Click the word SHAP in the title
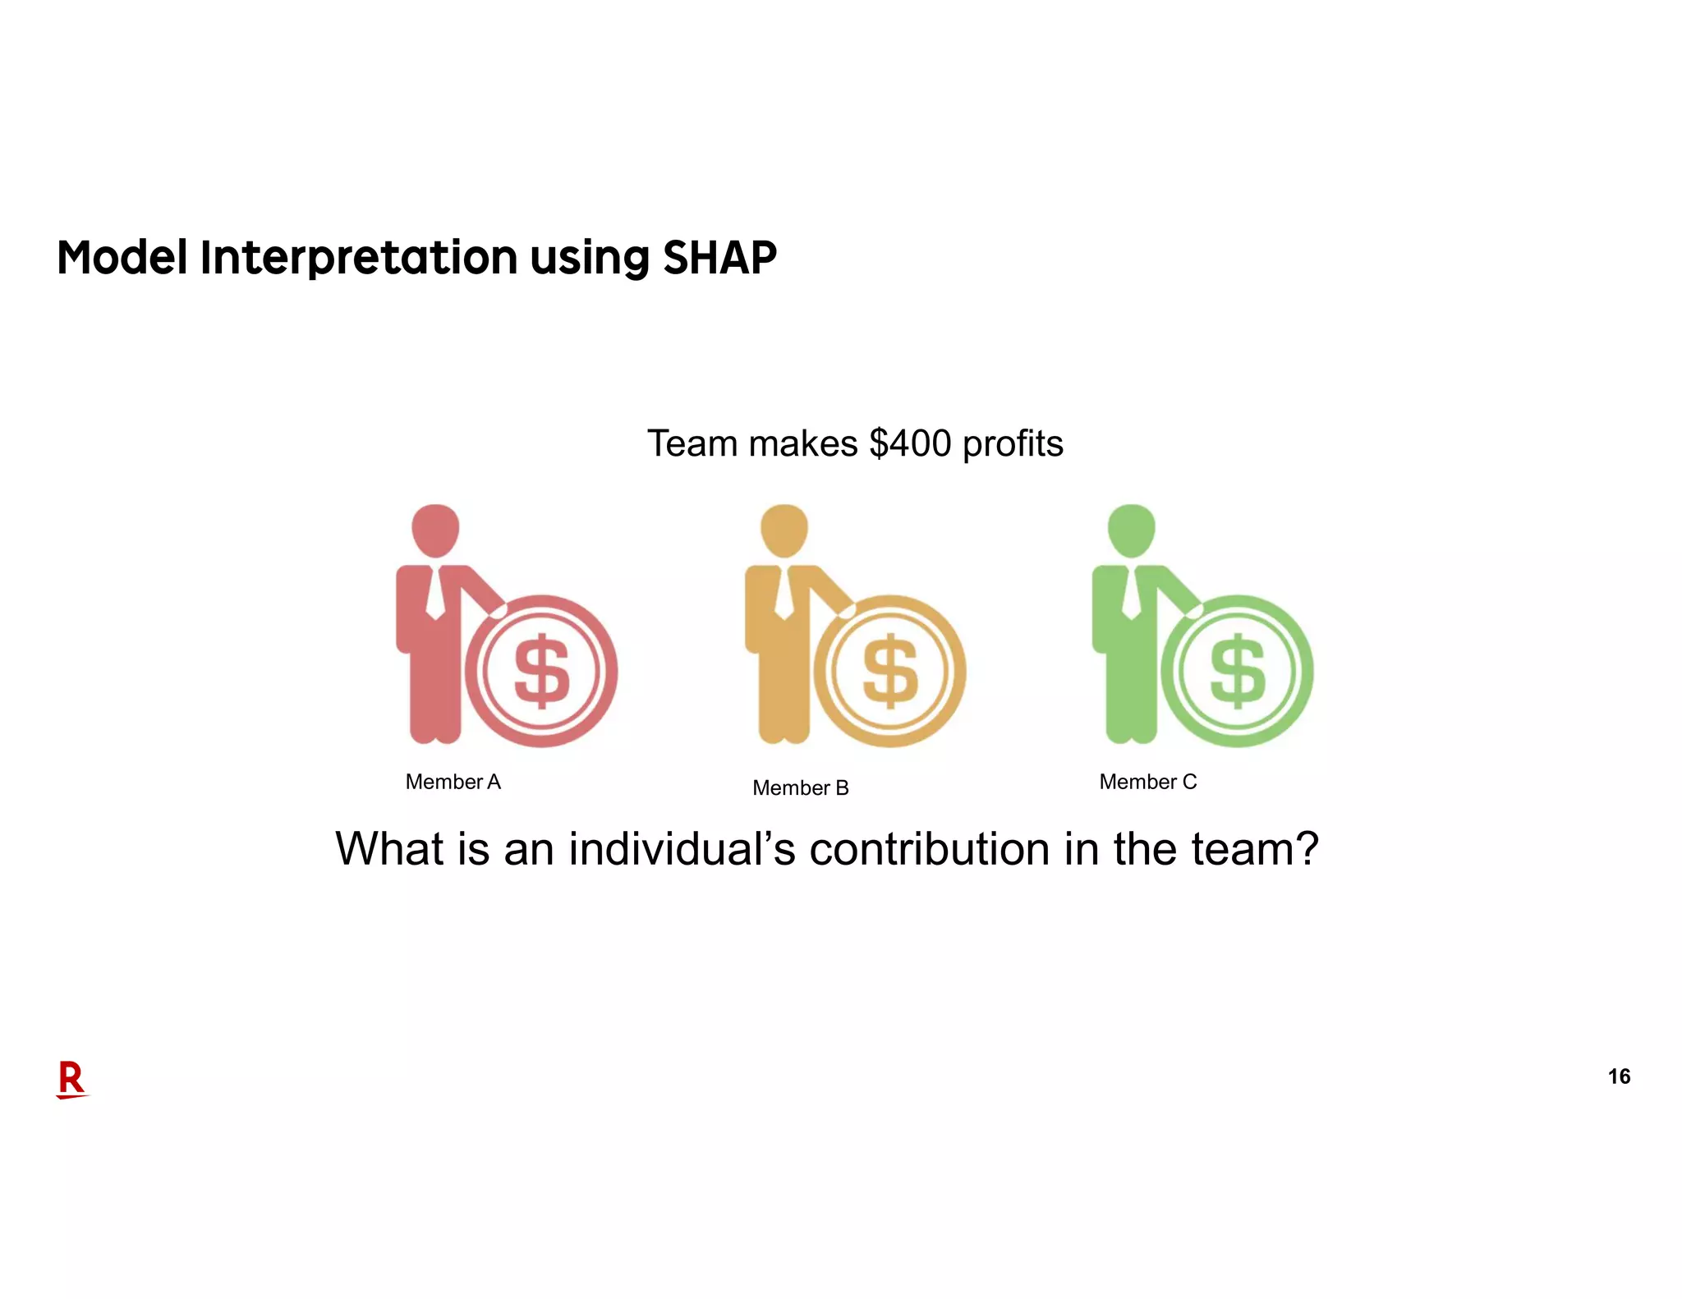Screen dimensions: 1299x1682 [x=719, y=258]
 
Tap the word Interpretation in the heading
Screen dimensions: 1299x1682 [x=359, y=258]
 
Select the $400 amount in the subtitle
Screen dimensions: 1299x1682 [x=910, y=443]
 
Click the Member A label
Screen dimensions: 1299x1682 [x=453, y=782]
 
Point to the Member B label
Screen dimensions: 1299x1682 [x=800, y=788]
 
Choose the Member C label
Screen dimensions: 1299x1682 [x=1147, y=782]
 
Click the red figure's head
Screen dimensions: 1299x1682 [x=435, y=530]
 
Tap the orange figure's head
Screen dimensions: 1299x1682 [x=784, y=530]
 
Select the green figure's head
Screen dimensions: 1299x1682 [x=1132, y=530]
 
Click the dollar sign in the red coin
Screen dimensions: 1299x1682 [x=542, y=672]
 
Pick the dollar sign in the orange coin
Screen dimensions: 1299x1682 [x=890, y=672]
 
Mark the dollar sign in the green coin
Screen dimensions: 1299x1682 [x=1239, y=672]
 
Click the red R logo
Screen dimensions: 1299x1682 [x=71, y=1079]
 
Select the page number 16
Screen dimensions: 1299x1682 [x=1619, y=1076]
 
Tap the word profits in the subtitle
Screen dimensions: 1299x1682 [x=1013, y=444]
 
